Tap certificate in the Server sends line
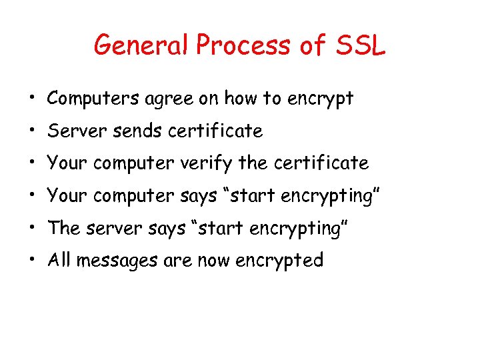[x=215, y=131]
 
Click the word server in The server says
[x=114, y=228]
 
